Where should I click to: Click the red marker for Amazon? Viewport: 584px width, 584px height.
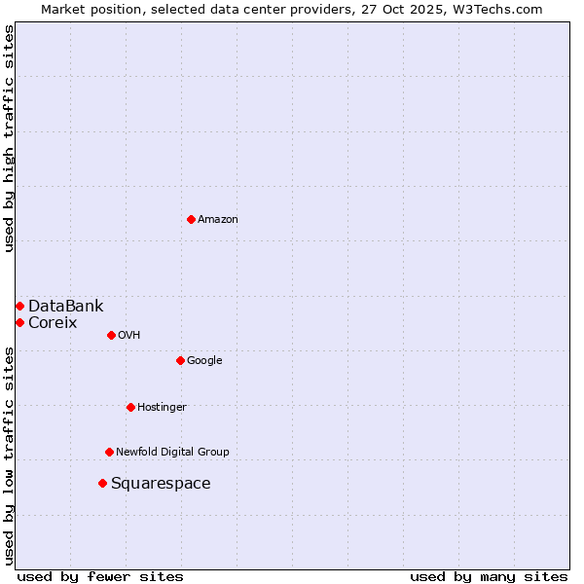tap(191, 219)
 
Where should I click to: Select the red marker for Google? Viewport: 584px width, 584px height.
tap(180, 360)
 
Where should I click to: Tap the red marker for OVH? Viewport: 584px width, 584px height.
tap(111, 335)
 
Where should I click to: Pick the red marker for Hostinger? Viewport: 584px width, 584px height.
tap(130, 407)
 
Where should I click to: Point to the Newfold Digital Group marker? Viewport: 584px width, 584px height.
tap(109, 452)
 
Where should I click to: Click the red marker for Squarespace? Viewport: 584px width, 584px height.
tap(102, 483)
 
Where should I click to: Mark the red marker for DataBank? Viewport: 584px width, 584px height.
tap(19, 306)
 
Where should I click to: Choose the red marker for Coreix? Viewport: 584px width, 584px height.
tap(19, 322)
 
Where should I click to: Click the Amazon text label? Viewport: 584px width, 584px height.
tap(218, 219)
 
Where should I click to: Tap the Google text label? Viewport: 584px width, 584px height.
tap(204, 360)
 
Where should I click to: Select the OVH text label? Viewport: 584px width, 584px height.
tap(129, 335)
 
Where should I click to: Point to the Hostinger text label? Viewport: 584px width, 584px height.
tap(162, 407)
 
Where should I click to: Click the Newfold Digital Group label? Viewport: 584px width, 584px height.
tap(172, 452)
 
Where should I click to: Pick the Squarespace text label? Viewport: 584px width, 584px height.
tap(161, 484)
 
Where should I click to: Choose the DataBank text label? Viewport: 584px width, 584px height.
tap(65, 306)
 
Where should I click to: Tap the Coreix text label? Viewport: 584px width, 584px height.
tap(53, 322)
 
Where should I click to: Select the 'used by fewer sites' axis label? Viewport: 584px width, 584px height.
tap(100, 576)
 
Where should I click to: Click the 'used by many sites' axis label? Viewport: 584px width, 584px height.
tap(489, 576)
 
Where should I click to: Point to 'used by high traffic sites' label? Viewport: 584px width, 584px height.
tap(9, 138)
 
